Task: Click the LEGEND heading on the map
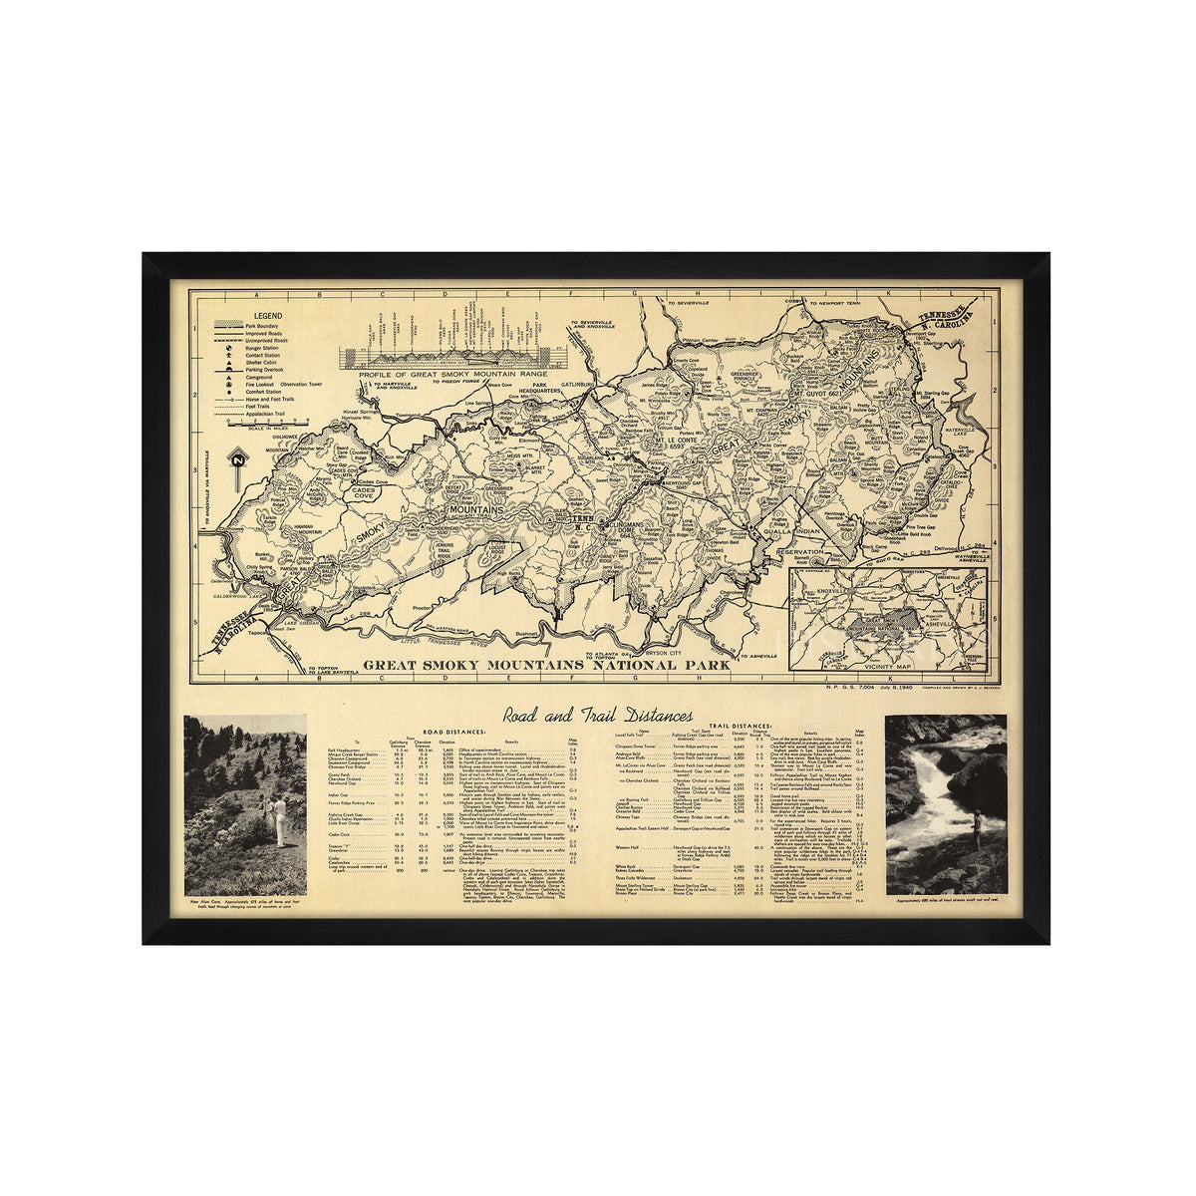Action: coord(240,314)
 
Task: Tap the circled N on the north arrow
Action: coord(237,459)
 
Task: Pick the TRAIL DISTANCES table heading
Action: coord(740,727)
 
